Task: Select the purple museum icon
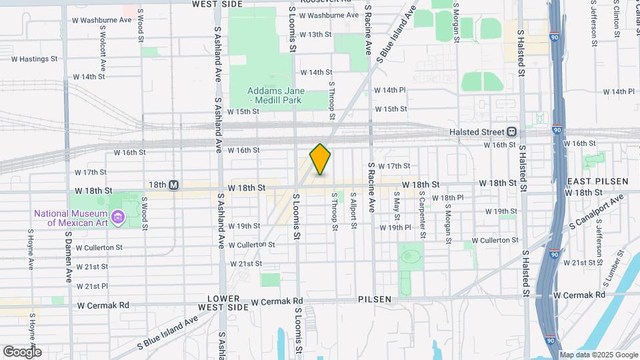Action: click(119, 217)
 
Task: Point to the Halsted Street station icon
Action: click(512, 131)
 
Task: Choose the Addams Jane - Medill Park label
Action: click(275, 95)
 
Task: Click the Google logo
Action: click(21, 351)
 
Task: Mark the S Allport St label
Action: click(354, 211)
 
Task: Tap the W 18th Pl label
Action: click(447, 197)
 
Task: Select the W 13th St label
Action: click(315, 35)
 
